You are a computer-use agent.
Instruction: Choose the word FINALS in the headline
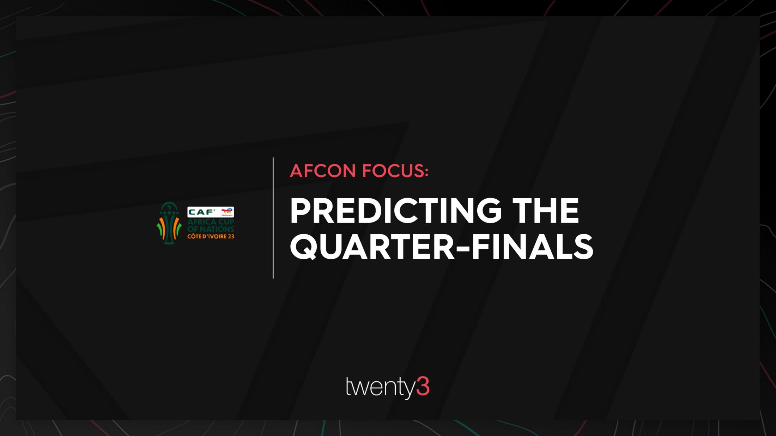[x=532, y=247]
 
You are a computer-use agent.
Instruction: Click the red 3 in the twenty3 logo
[x=423, y=386]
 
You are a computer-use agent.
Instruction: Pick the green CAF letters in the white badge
[x=201, y=212]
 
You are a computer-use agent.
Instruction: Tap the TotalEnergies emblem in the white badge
[x=227, y=212]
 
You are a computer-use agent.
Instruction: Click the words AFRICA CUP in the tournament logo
[x=211, y=222]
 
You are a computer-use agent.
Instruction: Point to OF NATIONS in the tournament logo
[x=211, y=229]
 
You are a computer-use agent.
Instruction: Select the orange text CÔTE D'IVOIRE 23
[x=211, y=236]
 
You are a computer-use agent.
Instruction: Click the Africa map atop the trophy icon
[x=169, y=207]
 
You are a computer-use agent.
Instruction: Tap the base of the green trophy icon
[x=169, y=242]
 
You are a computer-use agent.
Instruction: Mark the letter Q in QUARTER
[x=303, y=247]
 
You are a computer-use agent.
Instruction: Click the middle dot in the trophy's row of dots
[x=169, y=213]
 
